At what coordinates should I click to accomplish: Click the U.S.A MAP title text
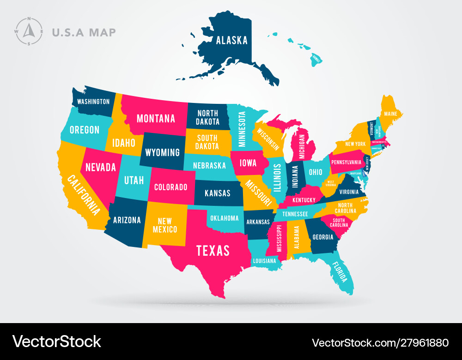pyautogui.click(x=84, y=32)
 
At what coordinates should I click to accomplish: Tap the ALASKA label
pyautogui.click(x=232, y=40)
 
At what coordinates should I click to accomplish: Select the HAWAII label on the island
pyautogui.click(x=316, y=59)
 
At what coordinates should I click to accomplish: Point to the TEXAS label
pyautogui.click(x=213, y=250)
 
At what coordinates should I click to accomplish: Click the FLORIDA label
pyautogui.click(x=340, y=272)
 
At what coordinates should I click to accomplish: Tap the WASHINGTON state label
pyautogui.click(x=93, y=102)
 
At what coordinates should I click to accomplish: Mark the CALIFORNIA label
pyautogui.click(x=83, y=195)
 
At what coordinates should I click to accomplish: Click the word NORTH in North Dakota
pyautogui.click(x=207, y=113)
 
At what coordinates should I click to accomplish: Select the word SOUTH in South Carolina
pyautogui.click(x=339, y=220)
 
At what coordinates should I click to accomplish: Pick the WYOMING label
pyautogui.click(x=163, y=152)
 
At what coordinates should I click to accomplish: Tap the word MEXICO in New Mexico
pyautogui.click(x=165, y=229)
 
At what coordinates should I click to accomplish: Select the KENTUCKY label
pyautogui.click(x=304, y=200)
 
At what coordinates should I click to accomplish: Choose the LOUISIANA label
pyautogui.click(x=264, y=261)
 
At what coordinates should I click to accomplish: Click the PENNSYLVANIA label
pyautogui.click(x=346, y=162)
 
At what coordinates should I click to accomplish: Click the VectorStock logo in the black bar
pyautogui.click(x=57, y=342)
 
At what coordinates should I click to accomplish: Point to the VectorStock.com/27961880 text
pyautogui.click(x=380, y=342)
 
